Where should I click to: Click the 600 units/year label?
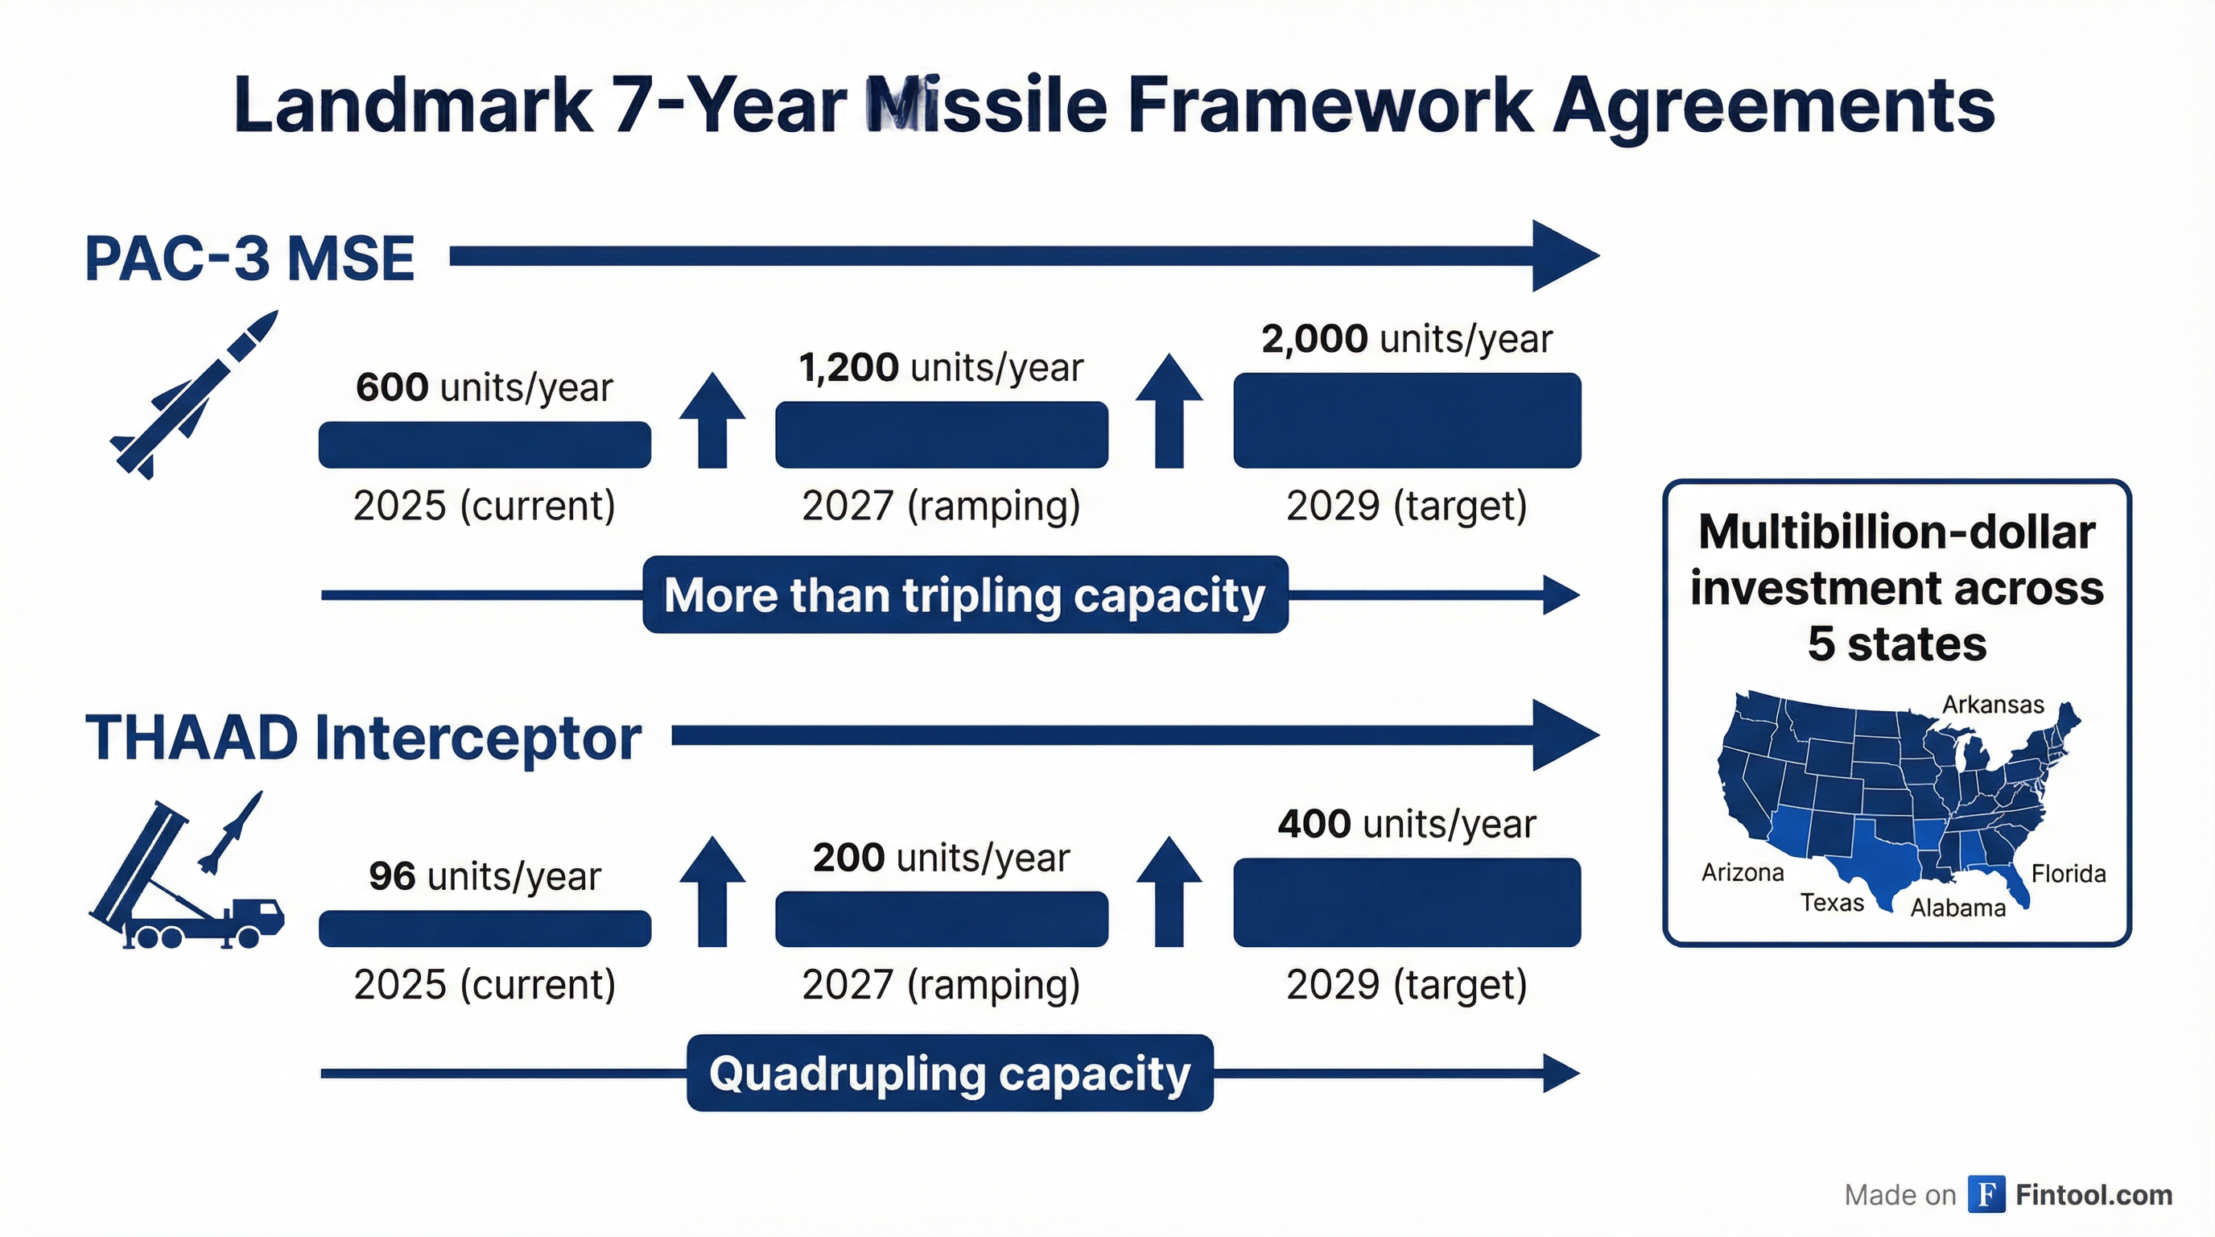(484, 388)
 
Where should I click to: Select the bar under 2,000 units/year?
(1407, 420)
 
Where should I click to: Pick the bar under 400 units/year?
(1407, 902)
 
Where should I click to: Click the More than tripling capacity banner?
(965, 595)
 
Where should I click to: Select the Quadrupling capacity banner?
(949, 1074)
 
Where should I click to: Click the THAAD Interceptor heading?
(363, 738)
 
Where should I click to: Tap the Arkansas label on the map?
(1992, 705)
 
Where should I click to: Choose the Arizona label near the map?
(1742, 873)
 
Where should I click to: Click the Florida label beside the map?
(2068, 874)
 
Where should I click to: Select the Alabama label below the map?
(1958, 908)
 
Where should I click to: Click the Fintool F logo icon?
(1986, 1194)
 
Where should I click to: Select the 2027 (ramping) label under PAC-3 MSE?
(941, 506)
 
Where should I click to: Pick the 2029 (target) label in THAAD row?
(1407, 985)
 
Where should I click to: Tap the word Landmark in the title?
(413, 105)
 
